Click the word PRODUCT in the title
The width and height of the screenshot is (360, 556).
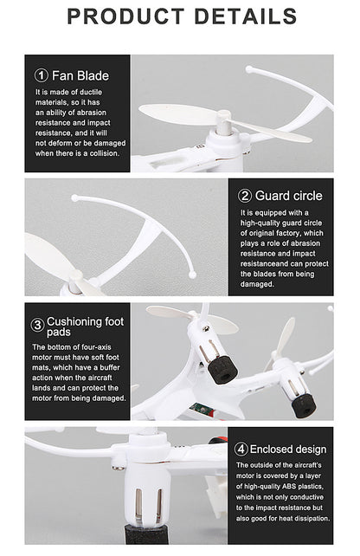pyautogui.click(x=125, y=16)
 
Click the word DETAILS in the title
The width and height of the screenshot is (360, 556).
pyautogui.click(x=246, y=16)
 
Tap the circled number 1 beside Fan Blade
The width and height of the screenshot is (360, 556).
pyautogui.click(x=41, y=75)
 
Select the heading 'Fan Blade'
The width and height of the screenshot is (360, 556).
pyautogui.click(x=80, y=75)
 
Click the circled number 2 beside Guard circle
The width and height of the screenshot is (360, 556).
pyautogui.click(x=245, y=196)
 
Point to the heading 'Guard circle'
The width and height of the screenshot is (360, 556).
pyautogui.click(x=289, y=196)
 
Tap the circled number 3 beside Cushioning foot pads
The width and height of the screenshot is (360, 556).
pyautogui.click(x=37, y=325)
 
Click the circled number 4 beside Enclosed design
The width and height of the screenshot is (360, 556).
pyautogui.click(x=241, y=449)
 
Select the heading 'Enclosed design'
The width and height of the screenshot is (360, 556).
pyautogui.click(x=288, y=449)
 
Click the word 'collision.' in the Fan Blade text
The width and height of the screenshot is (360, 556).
pyautogui.click(x=105, y=153)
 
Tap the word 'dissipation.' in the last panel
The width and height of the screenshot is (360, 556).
pyautogui.click(x=312, y=519)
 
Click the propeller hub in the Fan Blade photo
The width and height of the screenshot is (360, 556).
pyautogui.click(x=223, y=123)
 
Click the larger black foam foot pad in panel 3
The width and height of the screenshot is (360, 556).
pyautogui.click(x=222, y=370)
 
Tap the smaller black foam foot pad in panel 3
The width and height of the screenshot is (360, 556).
pyautogui.click(x=303, y=406)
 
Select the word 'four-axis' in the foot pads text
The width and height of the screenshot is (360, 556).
pyautogui.click(x=96, y=347)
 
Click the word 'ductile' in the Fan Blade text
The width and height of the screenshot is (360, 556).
pyautogui.click(x=91, y=92)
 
